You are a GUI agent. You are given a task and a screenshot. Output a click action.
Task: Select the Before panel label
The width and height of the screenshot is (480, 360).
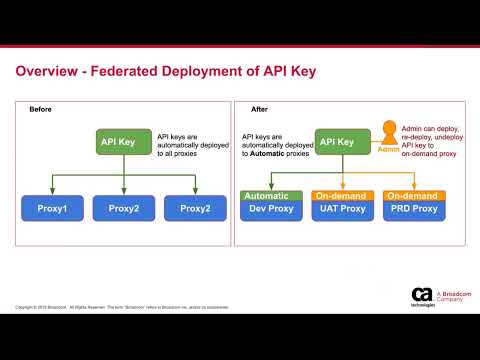pyautogui.click(x=40, y=109)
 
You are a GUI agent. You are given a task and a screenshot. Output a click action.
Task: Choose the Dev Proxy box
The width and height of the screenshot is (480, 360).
pyautogui.click(x=271, y=208)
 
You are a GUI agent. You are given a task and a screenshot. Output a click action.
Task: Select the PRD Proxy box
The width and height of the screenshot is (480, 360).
pyautogui.click(x=413, y=208)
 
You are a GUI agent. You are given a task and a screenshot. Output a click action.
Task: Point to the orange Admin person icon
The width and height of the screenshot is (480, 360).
pyautogui.click(x=388, y=134)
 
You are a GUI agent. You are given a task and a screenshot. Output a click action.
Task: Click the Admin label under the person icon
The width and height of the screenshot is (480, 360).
pyautogui.click(x=388, y=149)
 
